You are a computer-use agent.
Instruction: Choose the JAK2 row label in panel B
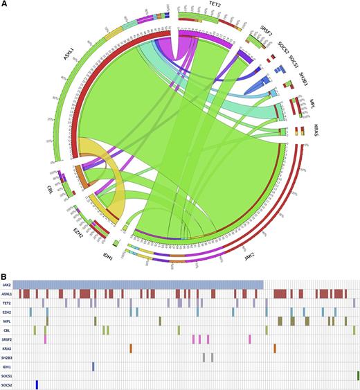pos(7,285)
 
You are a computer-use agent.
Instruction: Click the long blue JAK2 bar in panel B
pos(138,285)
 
